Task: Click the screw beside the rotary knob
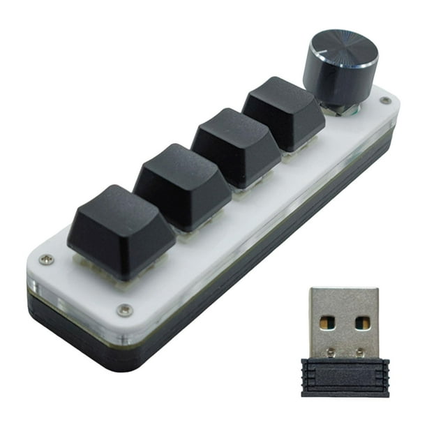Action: click(x=385, y=101)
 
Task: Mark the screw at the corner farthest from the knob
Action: click(x=46, y=259)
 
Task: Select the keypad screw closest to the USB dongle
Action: click(x=125, y=310)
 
